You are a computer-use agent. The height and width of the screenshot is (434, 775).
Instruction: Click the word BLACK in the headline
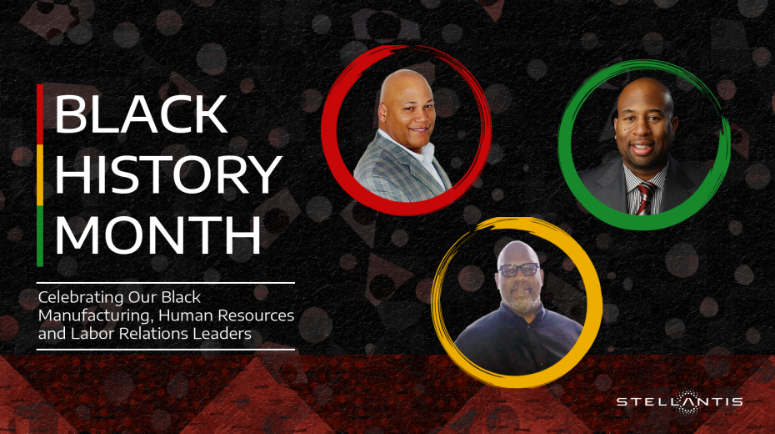coord(141,114)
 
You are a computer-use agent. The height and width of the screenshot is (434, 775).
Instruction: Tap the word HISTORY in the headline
coord(168,174)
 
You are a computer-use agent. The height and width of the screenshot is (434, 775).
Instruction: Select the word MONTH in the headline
coord(157,235)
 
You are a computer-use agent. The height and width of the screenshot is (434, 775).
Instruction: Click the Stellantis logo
coord(680,401)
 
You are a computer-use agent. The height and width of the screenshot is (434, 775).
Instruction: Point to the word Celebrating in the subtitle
coord(81,297)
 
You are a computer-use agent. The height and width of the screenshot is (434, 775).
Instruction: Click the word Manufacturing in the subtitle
coord(96,315)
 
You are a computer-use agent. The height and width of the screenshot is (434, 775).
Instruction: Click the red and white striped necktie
coord(645,198)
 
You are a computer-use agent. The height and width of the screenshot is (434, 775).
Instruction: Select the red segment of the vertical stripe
coord(40,114)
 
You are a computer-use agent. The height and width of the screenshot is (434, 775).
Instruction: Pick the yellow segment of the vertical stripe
coord(40,175)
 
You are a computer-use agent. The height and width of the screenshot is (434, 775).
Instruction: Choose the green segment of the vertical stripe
coord(40,236)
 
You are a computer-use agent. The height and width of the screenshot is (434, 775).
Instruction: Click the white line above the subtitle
coord(166,283)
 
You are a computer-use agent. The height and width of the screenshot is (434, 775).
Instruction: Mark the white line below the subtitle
coord(166,350)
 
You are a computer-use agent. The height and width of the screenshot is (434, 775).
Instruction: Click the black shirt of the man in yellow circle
coord(519,341)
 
